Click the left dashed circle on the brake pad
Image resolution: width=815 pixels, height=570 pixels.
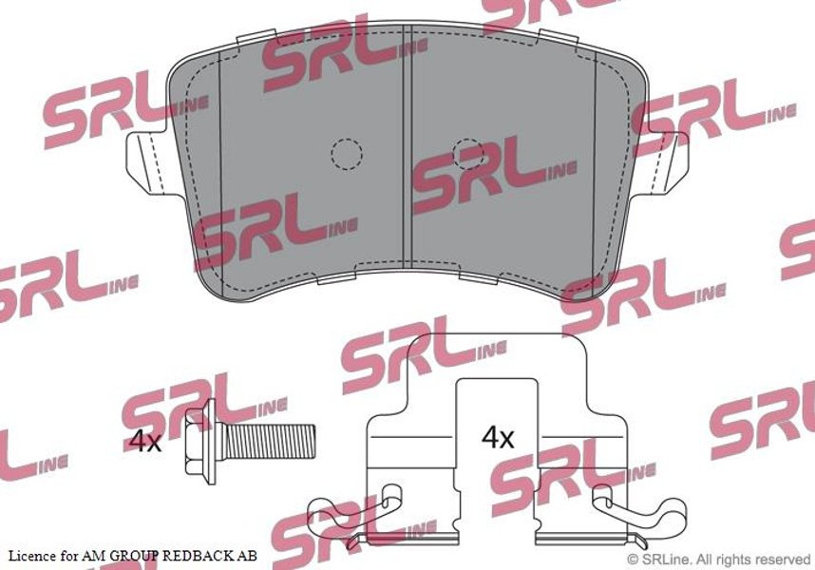[346, 154]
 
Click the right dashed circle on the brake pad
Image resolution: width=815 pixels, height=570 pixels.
[468, 154]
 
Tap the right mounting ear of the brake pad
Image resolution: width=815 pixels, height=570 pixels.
[667, 163]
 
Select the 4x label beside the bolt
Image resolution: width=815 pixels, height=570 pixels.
[145, 442]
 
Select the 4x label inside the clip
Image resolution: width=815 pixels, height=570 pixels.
[498, 437]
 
